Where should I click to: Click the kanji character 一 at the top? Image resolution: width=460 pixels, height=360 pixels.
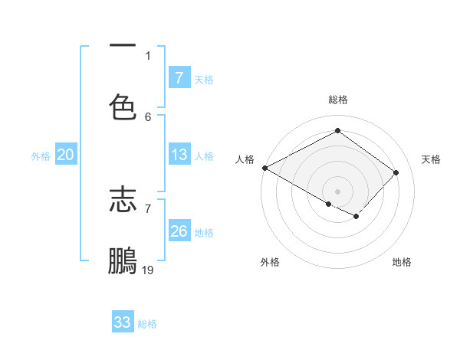click(123, 47)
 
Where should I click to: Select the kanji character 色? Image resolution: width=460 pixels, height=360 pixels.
click(123, 106)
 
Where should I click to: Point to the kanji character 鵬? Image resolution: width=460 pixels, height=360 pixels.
click(123, 260)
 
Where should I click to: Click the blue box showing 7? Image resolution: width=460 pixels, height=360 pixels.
click(179, 78)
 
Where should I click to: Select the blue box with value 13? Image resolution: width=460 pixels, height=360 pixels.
click(179, 155)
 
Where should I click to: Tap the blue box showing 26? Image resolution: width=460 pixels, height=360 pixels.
click(179, 231)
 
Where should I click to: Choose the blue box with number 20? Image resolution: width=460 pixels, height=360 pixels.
click(65, 155)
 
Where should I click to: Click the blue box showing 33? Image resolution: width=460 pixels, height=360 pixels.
click(123, 322)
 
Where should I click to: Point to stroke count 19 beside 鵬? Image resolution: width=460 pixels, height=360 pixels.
click(148, 270)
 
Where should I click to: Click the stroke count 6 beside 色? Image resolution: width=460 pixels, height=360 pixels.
click(148, 116)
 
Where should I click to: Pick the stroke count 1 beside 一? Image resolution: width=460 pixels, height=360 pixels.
click(148, 55)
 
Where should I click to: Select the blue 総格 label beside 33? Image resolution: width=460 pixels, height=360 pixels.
click(147, 323)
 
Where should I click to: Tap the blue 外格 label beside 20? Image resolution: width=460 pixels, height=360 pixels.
click(41, 155)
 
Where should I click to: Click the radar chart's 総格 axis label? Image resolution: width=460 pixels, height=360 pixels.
click(337, 100)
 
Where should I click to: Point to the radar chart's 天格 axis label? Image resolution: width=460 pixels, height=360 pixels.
click(431, 159)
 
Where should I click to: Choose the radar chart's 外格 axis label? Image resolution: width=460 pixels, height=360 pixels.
click(270, 262)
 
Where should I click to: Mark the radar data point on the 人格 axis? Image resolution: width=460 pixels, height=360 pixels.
click(264, 168)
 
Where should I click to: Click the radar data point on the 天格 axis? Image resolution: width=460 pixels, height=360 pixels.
click(396, 172)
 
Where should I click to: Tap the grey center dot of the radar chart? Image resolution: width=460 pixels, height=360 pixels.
click(337, 191)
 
